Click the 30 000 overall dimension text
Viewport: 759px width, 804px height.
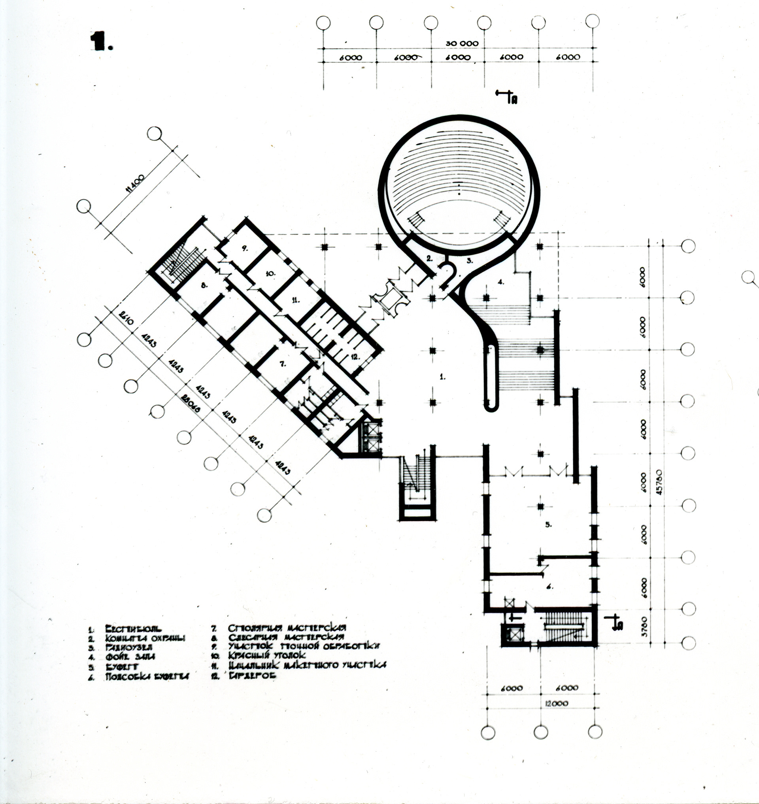[x=462, y=43]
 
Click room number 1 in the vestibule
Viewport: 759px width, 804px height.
[x=443, y=376]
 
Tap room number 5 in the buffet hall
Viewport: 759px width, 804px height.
[x=548, y=525]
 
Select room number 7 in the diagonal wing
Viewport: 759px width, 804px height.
[x=282, y=364]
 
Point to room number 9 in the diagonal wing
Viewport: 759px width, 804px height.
[x=244, y=249]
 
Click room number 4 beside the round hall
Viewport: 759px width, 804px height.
[x=500, y=282]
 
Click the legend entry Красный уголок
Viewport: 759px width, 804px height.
[x=266, y=655]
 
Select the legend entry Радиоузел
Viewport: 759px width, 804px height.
[x=128, y=647]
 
